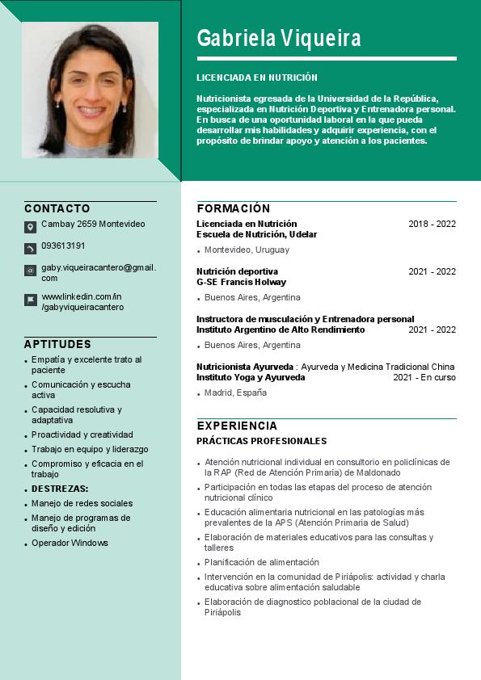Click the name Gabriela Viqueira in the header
(279, 38)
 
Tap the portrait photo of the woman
(90, 90)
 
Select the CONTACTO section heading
(57, 208)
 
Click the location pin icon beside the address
(30, 227)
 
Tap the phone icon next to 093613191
(30, 248)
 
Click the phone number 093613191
(63, 246)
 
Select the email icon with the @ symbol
(30, 271)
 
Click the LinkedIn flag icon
(30, 300)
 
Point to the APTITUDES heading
(57, 344)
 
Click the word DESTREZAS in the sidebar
(60, 489)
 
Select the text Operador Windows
(70, 543)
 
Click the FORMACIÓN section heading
(234, 208)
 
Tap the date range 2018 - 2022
(432, 224)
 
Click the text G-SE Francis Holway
(241, 283)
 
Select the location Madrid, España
(235, 392)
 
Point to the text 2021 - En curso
(424, 377)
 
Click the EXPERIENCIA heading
(237, 426)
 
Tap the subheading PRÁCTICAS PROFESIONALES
(261, 441)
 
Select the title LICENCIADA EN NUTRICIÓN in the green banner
(257, 78)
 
